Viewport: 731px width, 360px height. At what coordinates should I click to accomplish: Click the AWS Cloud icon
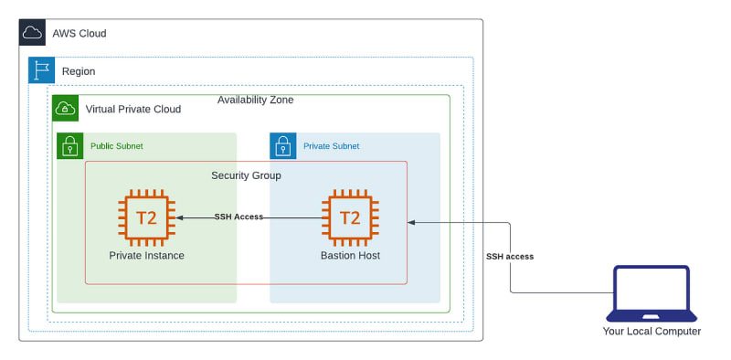tap(32, 32)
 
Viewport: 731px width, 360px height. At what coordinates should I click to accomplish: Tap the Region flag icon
tap(41, 70)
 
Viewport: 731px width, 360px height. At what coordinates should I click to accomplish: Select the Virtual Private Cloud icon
tap(65, 108)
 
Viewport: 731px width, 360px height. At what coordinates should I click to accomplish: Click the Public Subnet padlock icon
tap(70, 146)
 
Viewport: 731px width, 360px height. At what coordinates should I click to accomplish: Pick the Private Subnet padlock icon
tap(283, 146)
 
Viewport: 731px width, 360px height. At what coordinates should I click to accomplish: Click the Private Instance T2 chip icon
tap(147, 217)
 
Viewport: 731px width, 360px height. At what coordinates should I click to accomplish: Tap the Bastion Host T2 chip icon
tap(350, 217)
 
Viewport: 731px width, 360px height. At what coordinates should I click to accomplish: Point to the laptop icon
tap(652, 294)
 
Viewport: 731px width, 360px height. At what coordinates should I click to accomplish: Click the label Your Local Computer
tap(652, 332)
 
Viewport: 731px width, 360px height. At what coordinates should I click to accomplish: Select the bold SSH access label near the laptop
tap(510, 257)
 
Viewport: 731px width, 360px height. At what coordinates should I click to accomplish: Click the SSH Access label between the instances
tap(238, 217)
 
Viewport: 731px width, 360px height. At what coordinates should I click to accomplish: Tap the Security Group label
tap(246, 175)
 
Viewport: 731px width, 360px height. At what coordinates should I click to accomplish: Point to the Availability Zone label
tap(256, 100)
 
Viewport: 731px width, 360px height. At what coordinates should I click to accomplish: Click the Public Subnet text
tap(117, 146)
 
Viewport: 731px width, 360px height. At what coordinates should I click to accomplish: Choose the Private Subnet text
tap(332, 146)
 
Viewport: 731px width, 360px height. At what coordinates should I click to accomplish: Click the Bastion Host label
tap(350, 256)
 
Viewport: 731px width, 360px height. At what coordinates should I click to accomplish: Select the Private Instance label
tap(147, 256)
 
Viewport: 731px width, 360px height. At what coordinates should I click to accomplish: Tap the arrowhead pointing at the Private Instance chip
tap(179, 217)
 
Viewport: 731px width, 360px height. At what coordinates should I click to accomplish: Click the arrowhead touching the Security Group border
tap(411, 222)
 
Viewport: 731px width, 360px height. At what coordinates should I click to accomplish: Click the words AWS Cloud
tap(79, 34)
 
